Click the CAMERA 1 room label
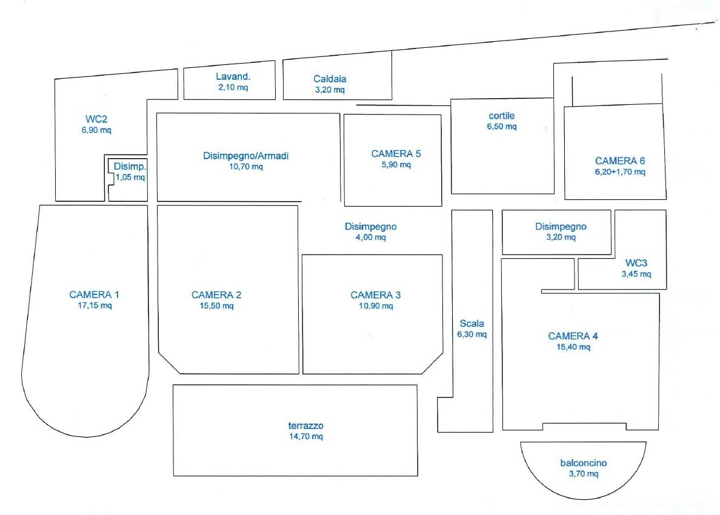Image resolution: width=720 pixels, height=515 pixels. click(x=94, y=295)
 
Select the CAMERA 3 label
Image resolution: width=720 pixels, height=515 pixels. click(x=375, y=295)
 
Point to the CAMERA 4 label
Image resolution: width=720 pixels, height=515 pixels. click(x=568, y=336)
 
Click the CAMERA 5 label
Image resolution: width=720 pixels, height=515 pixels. click(x=396, y=153)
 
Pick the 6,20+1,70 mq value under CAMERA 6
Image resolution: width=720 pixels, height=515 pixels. click(x=620, y=172)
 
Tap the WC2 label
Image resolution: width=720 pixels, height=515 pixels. click(x=96, y=119)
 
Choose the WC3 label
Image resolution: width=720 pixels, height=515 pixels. click(x=636, y=263)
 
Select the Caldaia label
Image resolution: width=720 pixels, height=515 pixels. click(x=330, y=79)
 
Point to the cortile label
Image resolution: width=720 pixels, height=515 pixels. click(x=501, y=115)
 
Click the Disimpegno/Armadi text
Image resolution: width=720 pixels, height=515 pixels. click(x=245, y=156)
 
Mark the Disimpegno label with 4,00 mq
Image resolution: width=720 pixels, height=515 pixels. click(x=370, y=226)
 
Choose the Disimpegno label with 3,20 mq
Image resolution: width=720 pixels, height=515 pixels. click(x=561, y=227)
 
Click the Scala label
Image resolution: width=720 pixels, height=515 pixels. click(x=472, y=323)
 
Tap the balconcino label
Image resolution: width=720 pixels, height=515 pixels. click(x=583, y=463)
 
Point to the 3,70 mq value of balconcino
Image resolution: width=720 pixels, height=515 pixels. click(x=583, y=474)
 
